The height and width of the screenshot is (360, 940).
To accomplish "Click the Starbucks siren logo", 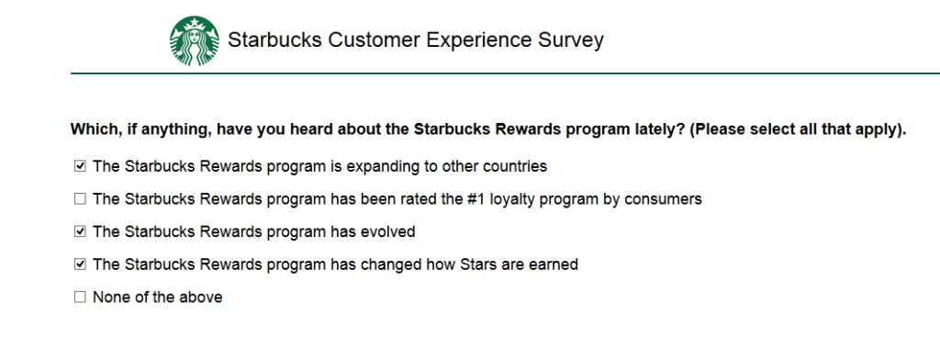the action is click(x=195, y=40).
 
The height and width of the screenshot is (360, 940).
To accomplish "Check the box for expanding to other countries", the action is click(x=80, y=166).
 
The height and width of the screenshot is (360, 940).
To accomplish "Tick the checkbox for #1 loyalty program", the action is click(x=80, y=199).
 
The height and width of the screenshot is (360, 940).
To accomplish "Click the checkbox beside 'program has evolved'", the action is click(x=80, y=231).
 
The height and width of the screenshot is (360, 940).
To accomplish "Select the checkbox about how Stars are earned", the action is click(x=80, y=264).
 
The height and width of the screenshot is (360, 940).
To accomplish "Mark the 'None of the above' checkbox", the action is click(x=80, y=297).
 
